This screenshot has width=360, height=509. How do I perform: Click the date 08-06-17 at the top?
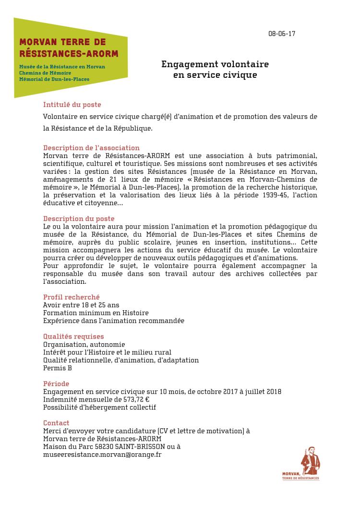[282, 34]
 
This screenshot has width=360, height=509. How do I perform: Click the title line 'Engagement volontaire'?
[215, 64]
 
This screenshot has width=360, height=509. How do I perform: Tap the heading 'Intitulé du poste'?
[72, 105]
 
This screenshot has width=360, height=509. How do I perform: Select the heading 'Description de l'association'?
[91, 148]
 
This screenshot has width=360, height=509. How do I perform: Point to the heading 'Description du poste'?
[79, 218]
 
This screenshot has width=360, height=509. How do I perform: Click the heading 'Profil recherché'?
[72, 297]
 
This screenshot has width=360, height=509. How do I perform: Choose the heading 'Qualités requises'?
[73, 337]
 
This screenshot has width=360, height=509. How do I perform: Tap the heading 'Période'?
[56, 384]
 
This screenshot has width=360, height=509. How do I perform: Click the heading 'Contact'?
[56, 423]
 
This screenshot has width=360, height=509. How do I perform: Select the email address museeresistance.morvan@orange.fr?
[102, 454]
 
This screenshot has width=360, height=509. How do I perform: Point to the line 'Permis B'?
[58, 368]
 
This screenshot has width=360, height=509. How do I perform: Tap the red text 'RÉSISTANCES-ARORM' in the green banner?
[68, 53]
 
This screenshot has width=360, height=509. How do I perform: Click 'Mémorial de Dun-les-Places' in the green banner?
[54, 79]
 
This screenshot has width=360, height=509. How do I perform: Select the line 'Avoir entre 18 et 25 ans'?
[81, 305]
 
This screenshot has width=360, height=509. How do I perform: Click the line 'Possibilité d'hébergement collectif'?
[100, 407]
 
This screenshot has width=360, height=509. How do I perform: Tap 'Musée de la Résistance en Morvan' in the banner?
[62, 66]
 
